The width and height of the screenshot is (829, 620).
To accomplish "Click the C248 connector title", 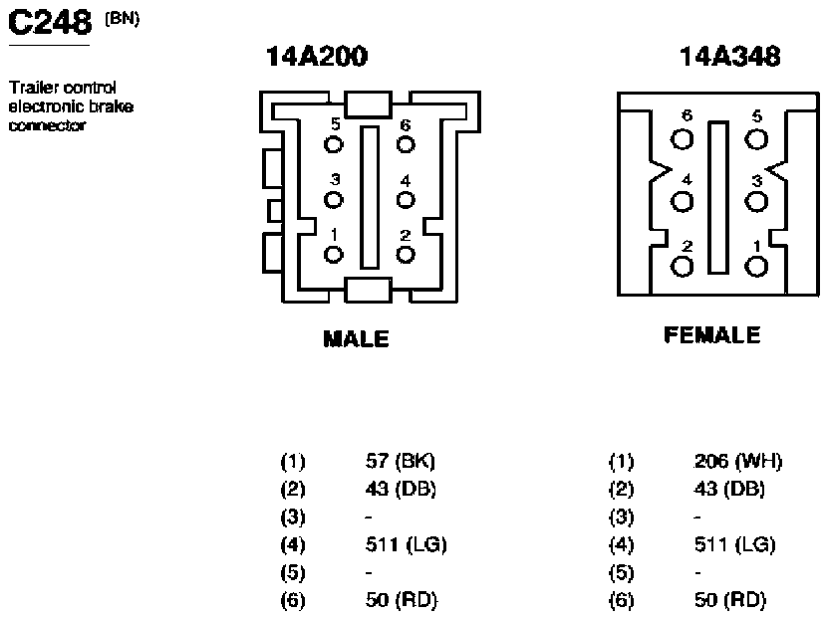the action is click(x=50, y=23).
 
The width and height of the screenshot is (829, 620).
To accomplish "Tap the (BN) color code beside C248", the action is click(x=123, y=19).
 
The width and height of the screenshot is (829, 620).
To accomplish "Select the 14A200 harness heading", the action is click(x=316, y=56).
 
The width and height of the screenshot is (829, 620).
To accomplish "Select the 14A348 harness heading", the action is click(x=729, y=56).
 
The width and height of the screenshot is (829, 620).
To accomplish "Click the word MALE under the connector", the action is click(x=356, y=338).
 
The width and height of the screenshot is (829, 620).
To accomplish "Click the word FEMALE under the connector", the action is click(x=712, y=334).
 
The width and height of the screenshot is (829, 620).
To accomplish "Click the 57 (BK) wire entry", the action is click(x=401, y=461).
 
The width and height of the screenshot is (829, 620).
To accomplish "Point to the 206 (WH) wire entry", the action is click(x=738, y=461).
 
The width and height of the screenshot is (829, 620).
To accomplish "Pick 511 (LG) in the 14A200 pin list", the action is click(x=407, y=544).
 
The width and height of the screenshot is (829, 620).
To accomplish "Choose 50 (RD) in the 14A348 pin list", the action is click(x=730, y=599).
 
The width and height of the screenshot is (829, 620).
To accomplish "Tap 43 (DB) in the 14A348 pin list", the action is click(x=729, y=489).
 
